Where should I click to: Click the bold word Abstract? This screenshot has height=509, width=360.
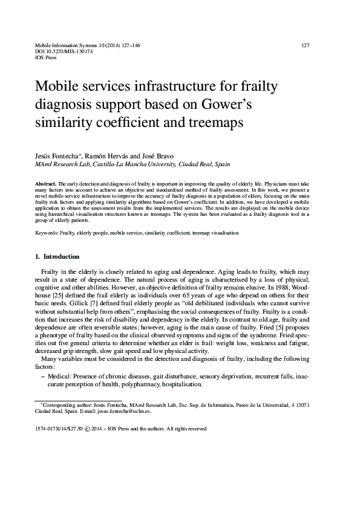click(x=47, y=182)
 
